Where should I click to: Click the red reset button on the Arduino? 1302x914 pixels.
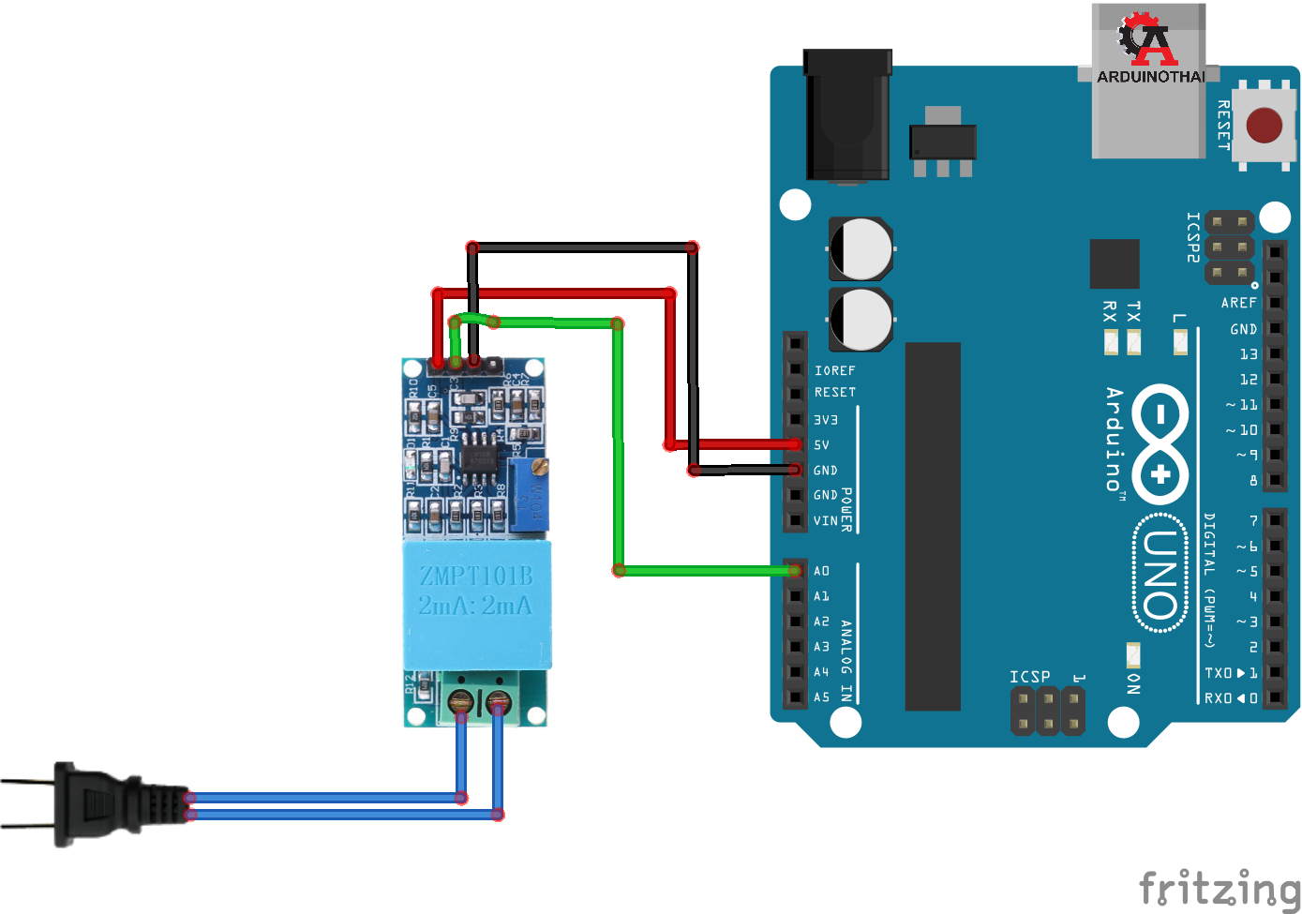(x=1265, y=125)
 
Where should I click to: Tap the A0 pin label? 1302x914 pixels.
(x=822, y=571)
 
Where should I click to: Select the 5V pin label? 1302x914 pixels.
(x=821, y=445)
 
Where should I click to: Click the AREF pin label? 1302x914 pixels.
(x=1238, y=303)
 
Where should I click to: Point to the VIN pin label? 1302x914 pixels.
(x=825, y=520)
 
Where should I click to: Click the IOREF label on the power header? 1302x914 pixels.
(x=834, y=371)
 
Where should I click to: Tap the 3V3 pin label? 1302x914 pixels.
(x=825, y=420)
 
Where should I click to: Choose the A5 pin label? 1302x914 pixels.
(x=822, y=697)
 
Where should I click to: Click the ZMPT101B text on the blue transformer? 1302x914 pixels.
(x=475, y=576)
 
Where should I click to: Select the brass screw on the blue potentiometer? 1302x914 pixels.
(x=539, y=465)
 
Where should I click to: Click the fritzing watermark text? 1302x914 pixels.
(x=1219, y=887)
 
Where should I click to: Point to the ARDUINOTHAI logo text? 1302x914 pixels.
(x=1151, y=77)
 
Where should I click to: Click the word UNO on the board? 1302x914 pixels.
(x=1160, y=574)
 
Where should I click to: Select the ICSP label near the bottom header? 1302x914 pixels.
(x=1029, y=677)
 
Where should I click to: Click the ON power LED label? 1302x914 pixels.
(x=1134, y=683)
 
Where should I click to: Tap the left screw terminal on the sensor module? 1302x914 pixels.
(x=460, y=700)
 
